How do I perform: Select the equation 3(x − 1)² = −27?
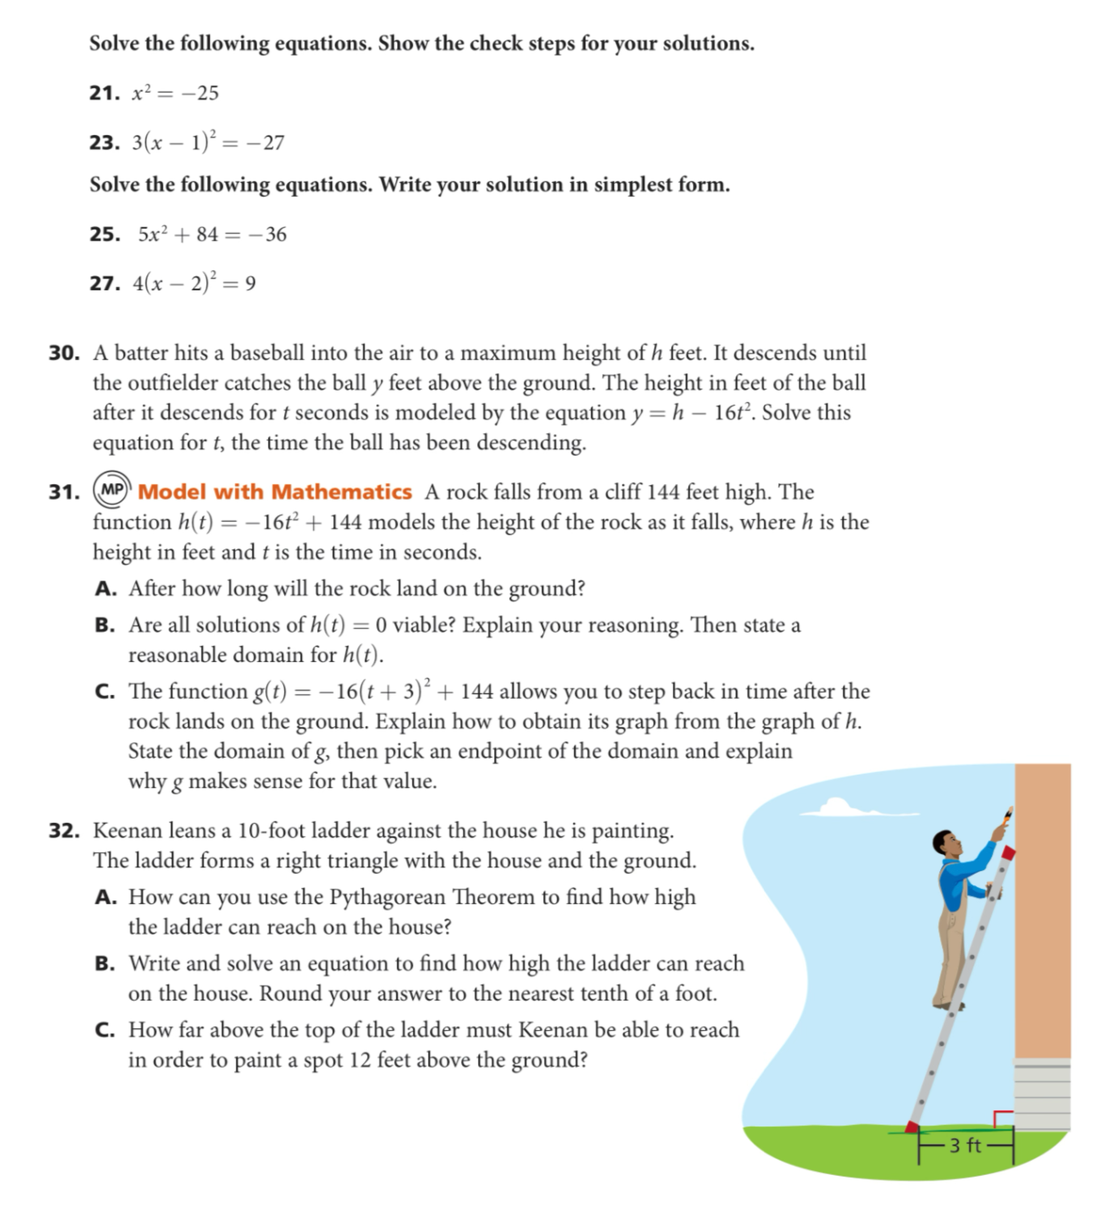coord(208,142)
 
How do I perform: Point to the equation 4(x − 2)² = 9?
coord(194,283)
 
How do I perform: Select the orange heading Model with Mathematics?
coord(274,492)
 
